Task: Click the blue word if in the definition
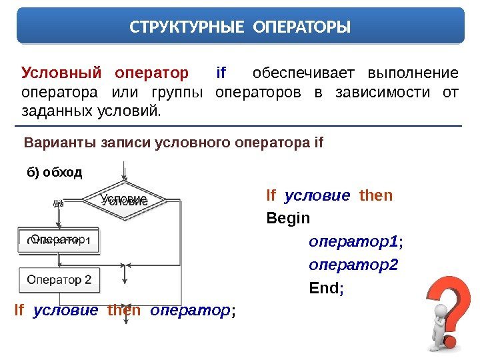click(x=221, y=72)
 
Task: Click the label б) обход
click(x=54, y=173)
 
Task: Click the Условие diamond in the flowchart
click(x=124, y=199)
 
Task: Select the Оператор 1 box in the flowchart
click(x=59, y=240)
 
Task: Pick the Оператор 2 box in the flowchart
click(x=59, y=279)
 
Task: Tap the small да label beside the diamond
click(x=58, y=203)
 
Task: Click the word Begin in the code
click(x=288, y=218)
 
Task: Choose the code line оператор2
click(x=353, y=265)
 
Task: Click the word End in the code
click(x=324, y=289)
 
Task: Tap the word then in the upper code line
click(x=376, y=196)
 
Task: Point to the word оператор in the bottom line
click(x=190, y=310)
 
